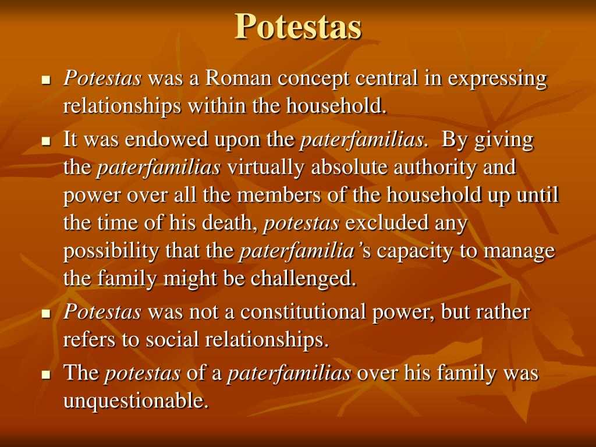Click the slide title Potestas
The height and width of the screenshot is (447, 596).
click(x=298, y=26)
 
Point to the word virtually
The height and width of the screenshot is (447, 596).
click(x=266, y=168)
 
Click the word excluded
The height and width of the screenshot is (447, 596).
click(x=386, y=223)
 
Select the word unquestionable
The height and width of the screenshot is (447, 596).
click(x=136, y=401)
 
